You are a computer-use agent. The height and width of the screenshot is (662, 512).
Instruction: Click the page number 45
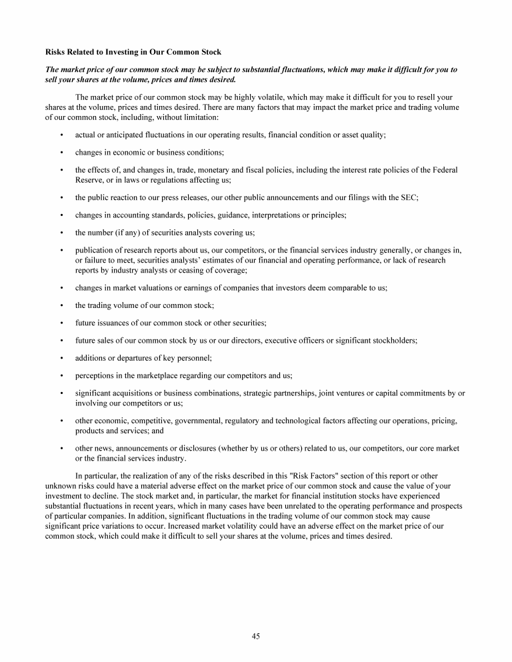pyautogui.click(x=255, y=636)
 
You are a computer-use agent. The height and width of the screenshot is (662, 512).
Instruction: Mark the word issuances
pyautogui.click(x=115, y=323)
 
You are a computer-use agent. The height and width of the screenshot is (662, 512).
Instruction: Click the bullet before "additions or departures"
pyautogui.click(x=61, y=358)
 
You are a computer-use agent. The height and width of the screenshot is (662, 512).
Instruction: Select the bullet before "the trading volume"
pyautogui.click(x=61, y=305)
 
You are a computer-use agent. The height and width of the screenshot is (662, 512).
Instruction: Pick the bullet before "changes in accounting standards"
pyautogui.click(x=61, y=215)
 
